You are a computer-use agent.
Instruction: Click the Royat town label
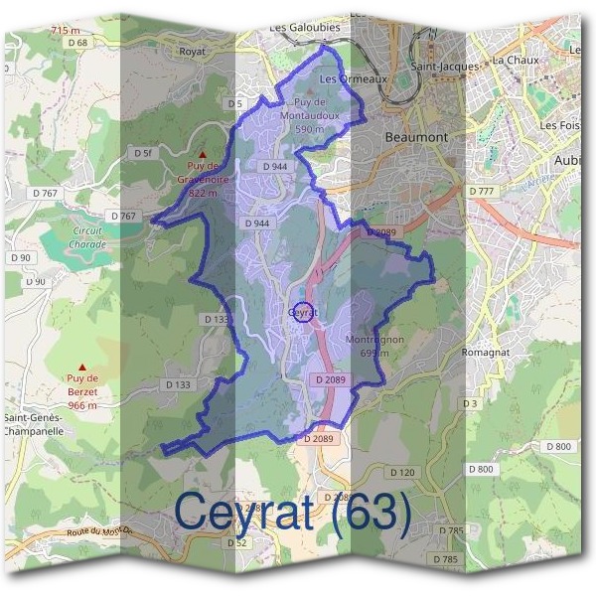191,50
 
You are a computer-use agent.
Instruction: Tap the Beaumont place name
415,136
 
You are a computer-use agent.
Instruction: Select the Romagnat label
486,353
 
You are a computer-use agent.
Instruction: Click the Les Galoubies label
304,28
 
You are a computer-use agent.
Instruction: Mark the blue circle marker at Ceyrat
304,310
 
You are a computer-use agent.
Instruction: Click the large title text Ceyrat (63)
292,512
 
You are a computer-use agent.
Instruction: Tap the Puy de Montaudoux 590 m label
317,115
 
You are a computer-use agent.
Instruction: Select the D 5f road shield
144,153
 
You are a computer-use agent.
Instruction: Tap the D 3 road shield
471,403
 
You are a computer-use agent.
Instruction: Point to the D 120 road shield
402,473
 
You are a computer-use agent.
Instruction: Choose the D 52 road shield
236,543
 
